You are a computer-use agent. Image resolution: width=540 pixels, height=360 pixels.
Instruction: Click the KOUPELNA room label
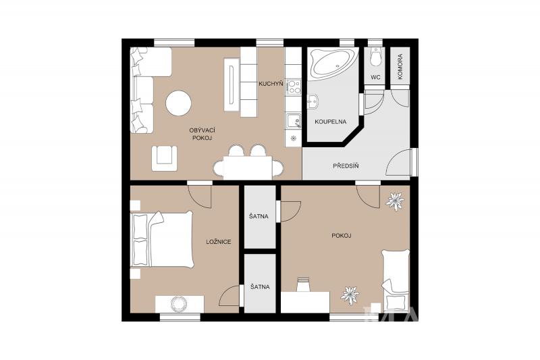pos(331,122)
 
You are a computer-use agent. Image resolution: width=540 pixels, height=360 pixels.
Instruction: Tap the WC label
pos(376,77)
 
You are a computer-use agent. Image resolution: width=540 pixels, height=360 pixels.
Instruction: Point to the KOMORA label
pos(400,67)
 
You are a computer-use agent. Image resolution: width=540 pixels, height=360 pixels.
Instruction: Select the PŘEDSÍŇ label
pos(346,165)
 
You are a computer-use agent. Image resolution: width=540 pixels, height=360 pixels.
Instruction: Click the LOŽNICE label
pos(219,242)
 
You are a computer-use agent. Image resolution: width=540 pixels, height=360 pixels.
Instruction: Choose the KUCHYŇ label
pos(271,83)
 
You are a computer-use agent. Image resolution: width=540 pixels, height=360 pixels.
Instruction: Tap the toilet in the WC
pos(375,57)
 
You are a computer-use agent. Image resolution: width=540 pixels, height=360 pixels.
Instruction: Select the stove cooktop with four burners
pos(294,87)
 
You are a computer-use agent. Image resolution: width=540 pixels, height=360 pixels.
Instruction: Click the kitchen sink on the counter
pos(294,121)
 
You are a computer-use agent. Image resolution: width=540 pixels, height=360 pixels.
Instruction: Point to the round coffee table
pos(178,103)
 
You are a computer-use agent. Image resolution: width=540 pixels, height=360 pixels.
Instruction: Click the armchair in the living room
pos(165,158)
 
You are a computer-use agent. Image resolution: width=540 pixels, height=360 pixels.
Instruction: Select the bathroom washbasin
pos(313,102)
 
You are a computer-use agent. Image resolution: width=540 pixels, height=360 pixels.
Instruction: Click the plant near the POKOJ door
pos(395,201)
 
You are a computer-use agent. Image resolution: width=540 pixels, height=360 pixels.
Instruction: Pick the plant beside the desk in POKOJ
pos(350,295)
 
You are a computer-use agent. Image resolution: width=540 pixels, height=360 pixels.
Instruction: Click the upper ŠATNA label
pos(259,217)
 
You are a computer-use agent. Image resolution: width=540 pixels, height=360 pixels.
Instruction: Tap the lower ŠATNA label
pos(260,287)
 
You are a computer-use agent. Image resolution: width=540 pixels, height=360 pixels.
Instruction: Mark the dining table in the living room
pos(248,168)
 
